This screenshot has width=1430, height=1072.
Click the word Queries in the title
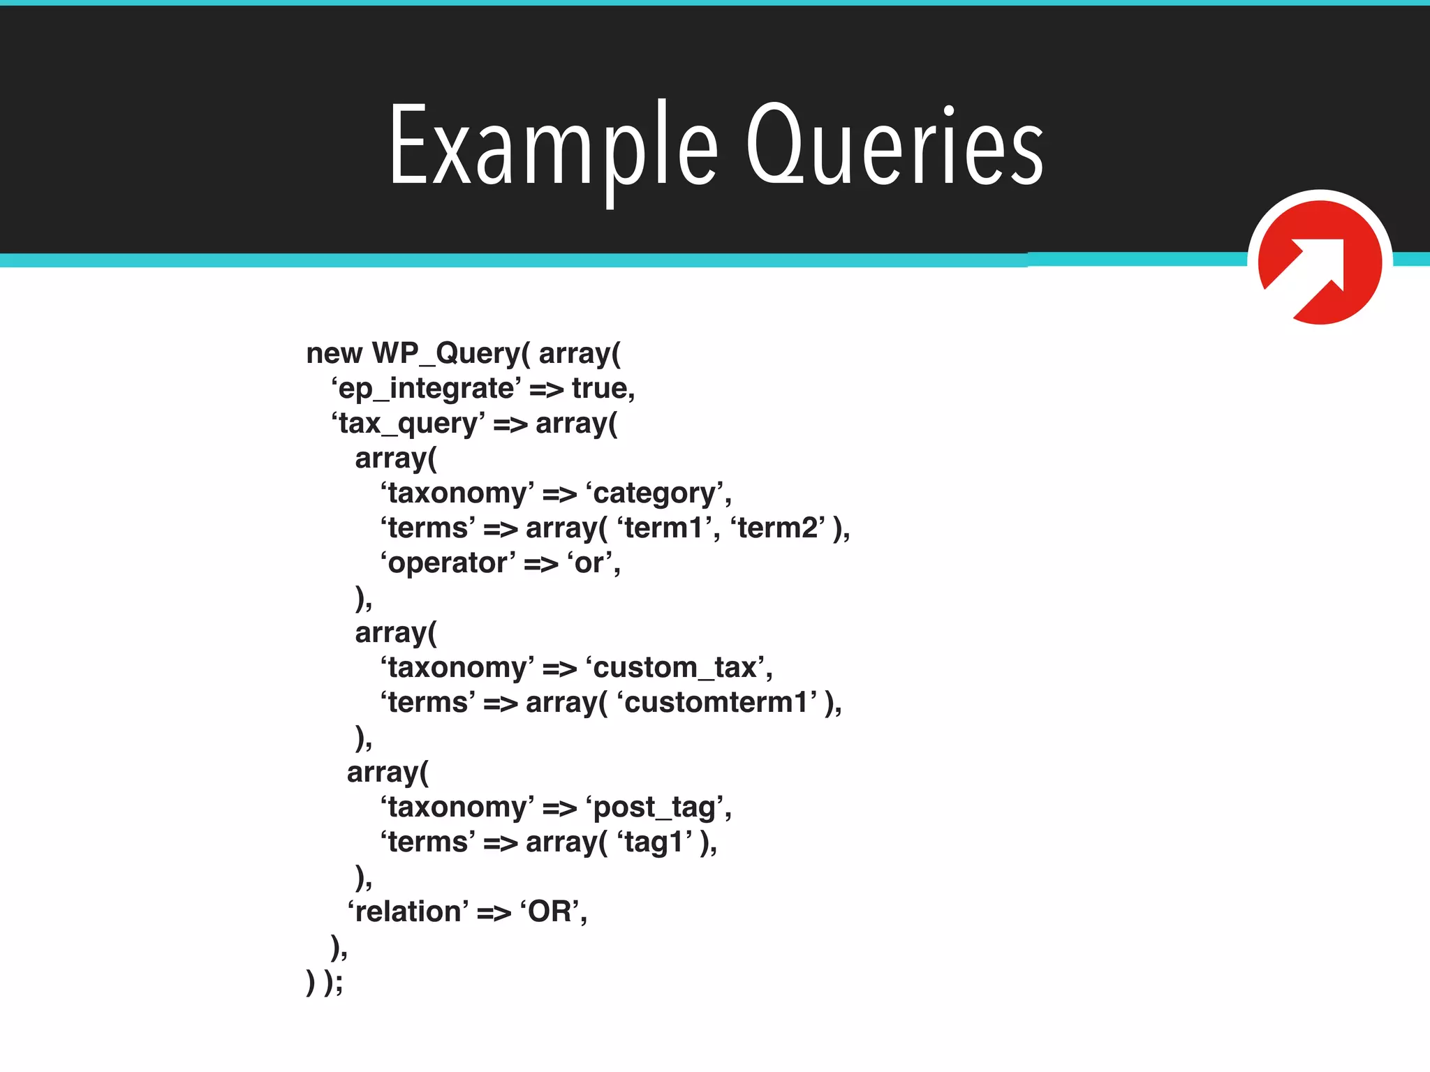[x=894, y=147]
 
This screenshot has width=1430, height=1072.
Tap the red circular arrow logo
[x=1320, y=262]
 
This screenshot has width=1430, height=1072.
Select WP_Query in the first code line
[x=446, y=354]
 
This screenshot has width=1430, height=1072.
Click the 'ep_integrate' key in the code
[x=426, y=389]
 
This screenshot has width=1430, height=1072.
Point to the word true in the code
[x=601, y=389]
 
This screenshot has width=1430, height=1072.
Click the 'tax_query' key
[x=408, y=424]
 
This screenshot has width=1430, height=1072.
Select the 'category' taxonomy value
[x=656, y=493]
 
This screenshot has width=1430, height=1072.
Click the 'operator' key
[x=448, y=563]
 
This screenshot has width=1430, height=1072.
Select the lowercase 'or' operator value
[x=591, y=563]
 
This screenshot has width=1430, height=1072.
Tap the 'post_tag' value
[x=656, y=807]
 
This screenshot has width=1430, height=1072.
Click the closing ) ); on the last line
[x=325, y=982]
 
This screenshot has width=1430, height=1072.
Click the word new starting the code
[x=334, y=354]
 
